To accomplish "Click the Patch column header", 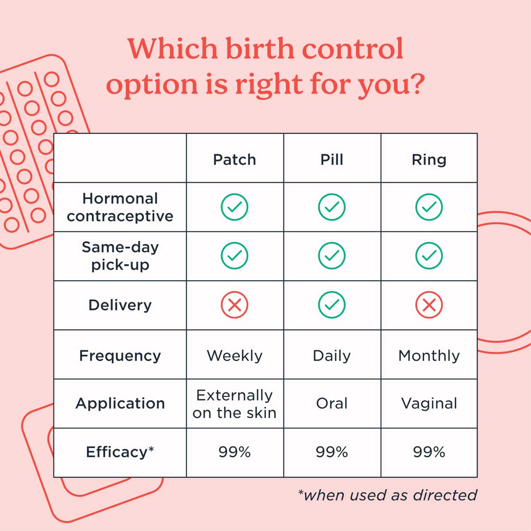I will click(235, 159).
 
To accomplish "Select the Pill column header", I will click(332, 159).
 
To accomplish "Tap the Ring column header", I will click(429, 159).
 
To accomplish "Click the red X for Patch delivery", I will click(235, 305).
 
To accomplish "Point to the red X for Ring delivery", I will click(429, 305).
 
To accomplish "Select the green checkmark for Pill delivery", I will click(332, 305).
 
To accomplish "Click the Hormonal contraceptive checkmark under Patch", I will click(235, 207).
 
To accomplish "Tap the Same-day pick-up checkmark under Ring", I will click(429, 256).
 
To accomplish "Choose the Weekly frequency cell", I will click(235, 355).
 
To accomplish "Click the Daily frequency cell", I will click(332, 355).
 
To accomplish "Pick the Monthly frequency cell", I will click(429, 355).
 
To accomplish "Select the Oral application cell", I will click(332, 403).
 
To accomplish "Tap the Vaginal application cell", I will click(429, 403).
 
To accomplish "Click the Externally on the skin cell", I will click(235, 404).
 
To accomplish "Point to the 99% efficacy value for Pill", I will click(332, 452).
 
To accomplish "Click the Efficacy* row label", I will click(120, 452).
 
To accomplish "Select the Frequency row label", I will click(120, 355).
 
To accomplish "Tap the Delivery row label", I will click(120, 305).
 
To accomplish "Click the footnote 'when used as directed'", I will click(388, 495).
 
